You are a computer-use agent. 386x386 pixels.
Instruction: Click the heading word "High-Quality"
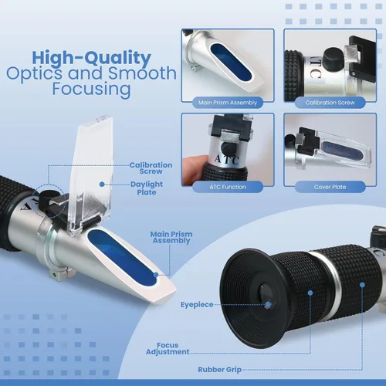pyautogui.click(x=92, y=58)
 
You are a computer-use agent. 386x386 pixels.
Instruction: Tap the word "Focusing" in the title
pyautogui.click(x=92, y=90)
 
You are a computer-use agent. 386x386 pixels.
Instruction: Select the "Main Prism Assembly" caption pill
pyautogui.click(x=228, y=103)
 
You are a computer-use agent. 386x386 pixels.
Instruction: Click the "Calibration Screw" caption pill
pyautogui.click(x=330, y=103)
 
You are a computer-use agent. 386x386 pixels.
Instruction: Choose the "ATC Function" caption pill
pyautogui.click(x=228, y=187)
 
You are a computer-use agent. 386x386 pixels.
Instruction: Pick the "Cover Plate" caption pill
pyautogui.click(x=330, y=187)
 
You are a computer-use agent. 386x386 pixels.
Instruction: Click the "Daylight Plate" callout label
pyautogui.click(x=147, y=188)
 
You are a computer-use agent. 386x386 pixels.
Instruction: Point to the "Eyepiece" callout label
pyautogui.click(x=197, y=305)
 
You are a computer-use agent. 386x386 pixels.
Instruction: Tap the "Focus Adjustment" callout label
pyautogui.click(x=168, y=348)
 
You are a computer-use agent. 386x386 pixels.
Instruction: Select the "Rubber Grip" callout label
pyautogui.click(x=220, y=370)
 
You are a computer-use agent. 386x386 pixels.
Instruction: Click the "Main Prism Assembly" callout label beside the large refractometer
pyautogui.click(x=171, y=237)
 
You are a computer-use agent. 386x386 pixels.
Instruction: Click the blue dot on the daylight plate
pyautogui.click(x=102, y=185)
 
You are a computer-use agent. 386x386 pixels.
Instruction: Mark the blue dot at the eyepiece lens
pyautogui.click(x=268, y=305)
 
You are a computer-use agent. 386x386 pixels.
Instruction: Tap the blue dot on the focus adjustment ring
pyautogui.click(x=310, y=293)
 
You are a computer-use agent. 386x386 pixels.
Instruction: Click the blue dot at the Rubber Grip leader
pyautogui.click(x=362, y=285)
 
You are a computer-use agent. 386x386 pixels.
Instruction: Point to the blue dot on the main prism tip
pyautogui.click(x=156, y=275)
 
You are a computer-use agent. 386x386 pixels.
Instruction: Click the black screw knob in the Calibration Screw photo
pyautogui.click(x=333, y=56)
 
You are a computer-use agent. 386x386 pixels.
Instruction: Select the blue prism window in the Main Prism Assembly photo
pyautogui.click(x=231, y=62)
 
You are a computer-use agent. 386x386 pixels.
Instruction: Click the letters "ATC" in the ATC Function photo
pyautogui.click(x=227, y=160)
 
